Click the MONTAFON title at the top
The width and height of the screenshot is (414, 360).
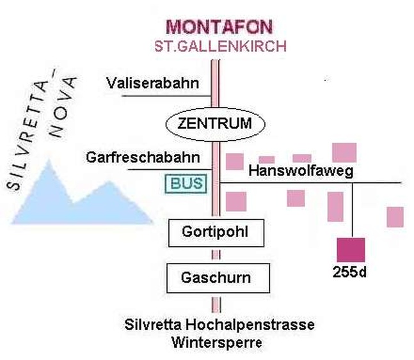[x=219, y=27]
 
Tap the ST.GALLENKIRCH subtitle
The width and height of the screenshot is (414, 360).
[x=219, y=46]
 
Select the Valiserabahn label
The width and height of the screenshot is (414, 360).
[x=154, y=82]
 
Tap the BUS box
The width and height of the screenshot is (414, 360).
[x=187, y=184]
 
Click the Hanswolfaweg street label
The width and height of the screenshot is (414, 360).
[x=301, y=171]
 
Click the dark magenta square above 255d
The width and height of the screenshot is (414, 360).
[x=351, y=249]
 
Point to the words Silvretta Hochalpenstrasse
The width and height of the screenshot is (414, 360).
[x=219, y=325]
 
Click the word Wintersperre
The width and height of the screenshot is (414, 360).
[x=217, y=342]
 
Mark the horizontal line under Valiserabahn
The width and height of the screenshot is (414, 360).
[x=166, y=96]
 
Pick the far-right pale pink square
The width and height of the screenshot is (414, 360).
[x=395, y=217]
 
